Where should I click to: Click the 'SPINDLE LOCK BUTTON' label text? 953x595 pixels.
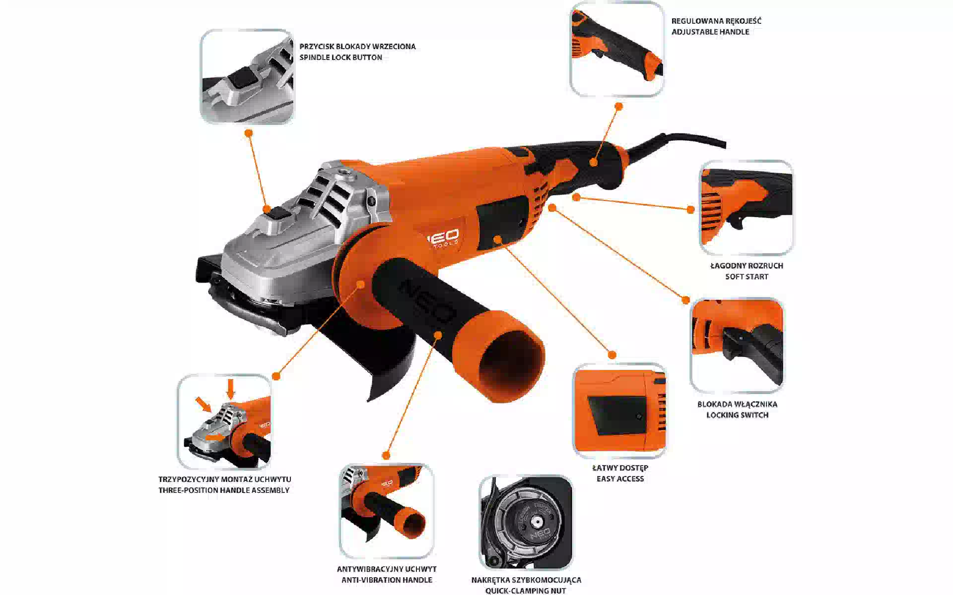coord(340,58)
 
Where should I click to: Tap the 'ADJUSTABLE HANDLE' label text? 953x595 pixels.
coord(710,32)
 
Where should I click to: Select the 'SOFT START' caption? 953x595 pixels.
coord(747,277)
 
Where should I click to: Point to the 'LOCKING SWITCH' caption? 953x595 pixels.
coord(737,415)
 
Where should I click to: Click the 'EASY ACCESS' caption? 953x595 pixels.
coord(620,478)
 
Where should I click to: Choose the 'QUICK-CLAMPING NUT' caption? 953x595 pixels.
coord(526,590)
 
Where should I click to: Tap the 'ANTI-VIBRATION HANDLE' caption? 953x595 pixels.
coord(387,580)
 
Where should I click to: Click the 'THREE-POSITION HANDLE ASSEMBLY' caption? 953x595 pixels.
coord(224,490)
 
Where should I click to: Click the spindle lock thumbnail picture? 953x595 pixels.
coord(247,76)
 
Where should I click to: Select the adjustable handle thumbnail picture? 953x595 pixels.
coord(617,49)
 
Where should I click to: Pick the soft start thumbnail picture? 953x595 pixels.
coord(746,207)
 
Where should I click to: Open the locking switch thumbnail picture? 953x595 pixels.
coord(737,345)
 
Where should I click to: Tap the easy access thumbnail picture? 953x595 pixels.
coord(619,410)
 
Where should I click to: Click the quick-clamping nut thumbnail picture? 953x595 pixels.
coord(526,522)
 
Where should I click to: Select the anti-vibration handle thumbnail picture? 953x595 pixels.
coord(387,511)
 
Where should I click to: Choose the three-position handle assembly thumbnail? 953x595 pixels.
coord(224,421)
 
